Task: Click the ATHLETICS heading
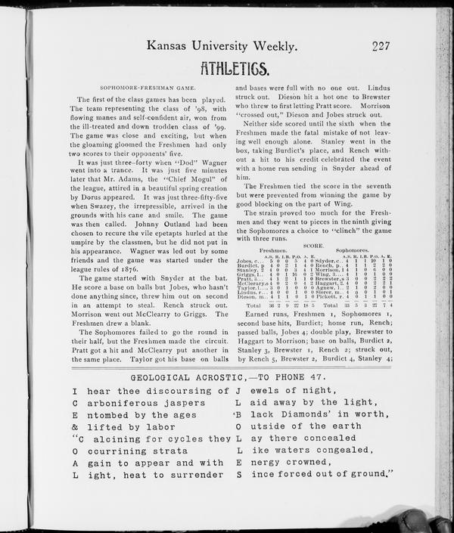coord(234,70)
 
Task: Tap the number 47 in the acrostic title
coord(323,377)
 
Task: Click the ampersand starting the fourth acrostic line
coord(76,426)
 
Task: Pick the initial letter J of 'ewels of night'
coord(238,391)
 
